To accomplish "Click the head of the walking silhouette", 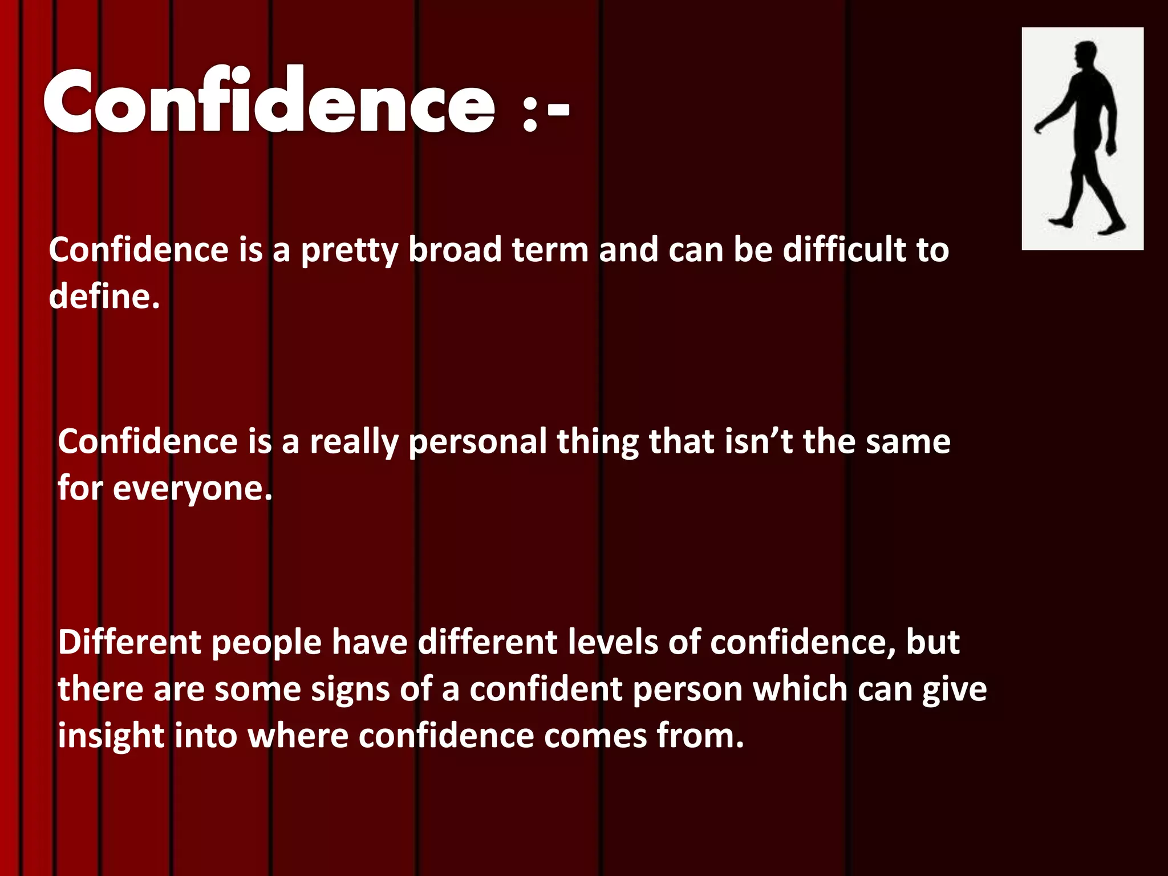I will tap(1084, 55).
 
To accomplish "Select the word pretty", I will tap(349, 251).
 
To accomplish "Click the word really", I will tap(354, 443).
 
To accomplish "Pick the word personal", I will tap(477, 443).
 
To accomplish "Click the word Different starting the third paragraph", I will tap(129, 642).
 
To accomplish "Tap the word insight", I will tap(111, 736).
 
